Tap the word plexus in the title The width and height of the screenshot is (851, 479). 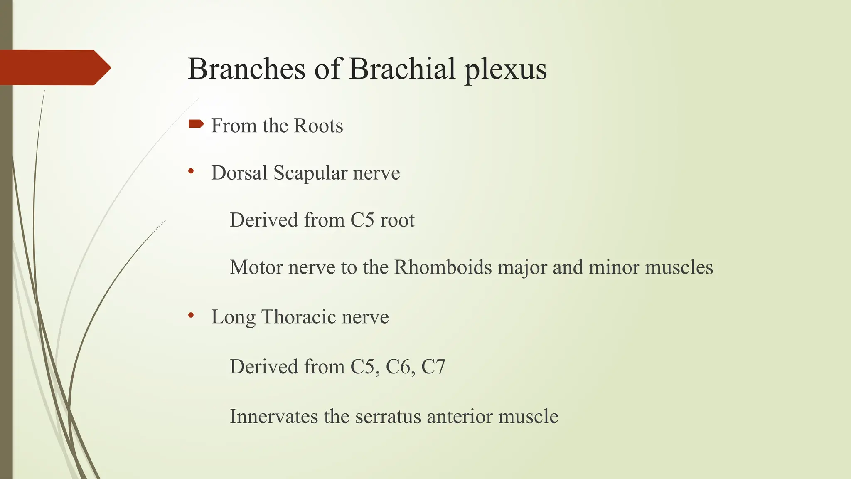505,70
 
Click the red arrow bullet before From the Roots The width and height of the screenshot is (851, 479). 196,124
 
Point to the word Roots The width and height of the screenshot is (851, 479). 318,126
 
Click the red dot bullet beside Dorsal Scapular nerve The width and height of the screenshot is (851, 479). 191,171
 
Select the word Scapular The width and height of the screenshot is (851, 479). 310,173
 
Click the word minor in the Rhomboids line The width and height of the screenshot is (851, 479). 614,267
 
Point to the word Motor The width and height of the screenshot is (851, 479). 256,267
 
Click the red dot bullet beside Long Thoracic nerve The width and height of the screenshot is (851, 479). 191,316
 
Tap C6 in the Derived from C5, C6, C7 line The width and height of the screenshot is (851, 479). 400,367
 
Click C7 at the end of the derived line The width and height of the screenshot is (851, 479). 433,367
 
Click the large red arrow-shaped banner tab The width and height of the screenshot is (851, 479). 54,67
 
